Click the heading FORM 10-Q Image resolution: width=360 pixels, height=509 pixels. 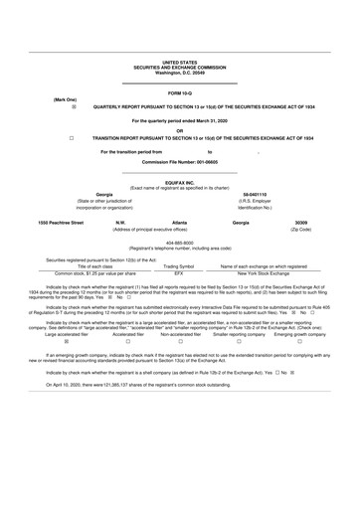[x=179, y=92]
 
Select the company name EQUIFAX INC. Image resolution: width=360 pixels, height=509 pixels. [x=179, y=181]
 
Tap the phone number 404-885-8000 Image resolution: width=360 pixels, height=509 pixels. [x=179, y=243]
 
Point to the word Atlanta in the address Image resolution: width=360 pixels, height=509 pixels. [x=179, y=224]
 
